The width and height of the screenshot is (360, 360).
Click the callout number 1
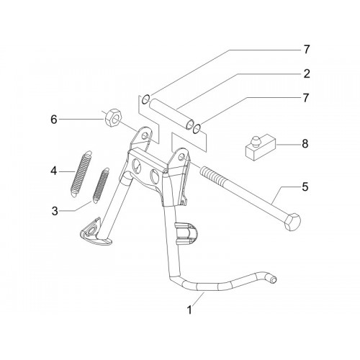[189, 310]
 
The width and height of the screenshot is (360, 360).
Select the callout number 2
[307, 73]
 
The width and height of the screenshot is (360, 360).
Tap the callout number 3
[55, 211]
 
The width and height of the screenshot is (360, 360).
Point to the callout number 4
[54, 171]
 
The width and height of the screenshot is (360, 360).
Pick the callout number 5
[305, 187]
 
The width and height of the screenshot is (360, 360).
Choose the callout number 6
[54, 120]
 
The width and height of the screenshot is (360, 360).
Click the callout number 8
[305, 144]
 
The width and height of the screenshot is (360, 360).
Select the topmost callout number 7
[307, 50]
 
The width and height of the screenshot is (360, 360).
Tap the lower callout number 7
[305, 98]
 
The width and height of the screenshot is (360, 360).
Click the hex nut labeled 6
[114, 118]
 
